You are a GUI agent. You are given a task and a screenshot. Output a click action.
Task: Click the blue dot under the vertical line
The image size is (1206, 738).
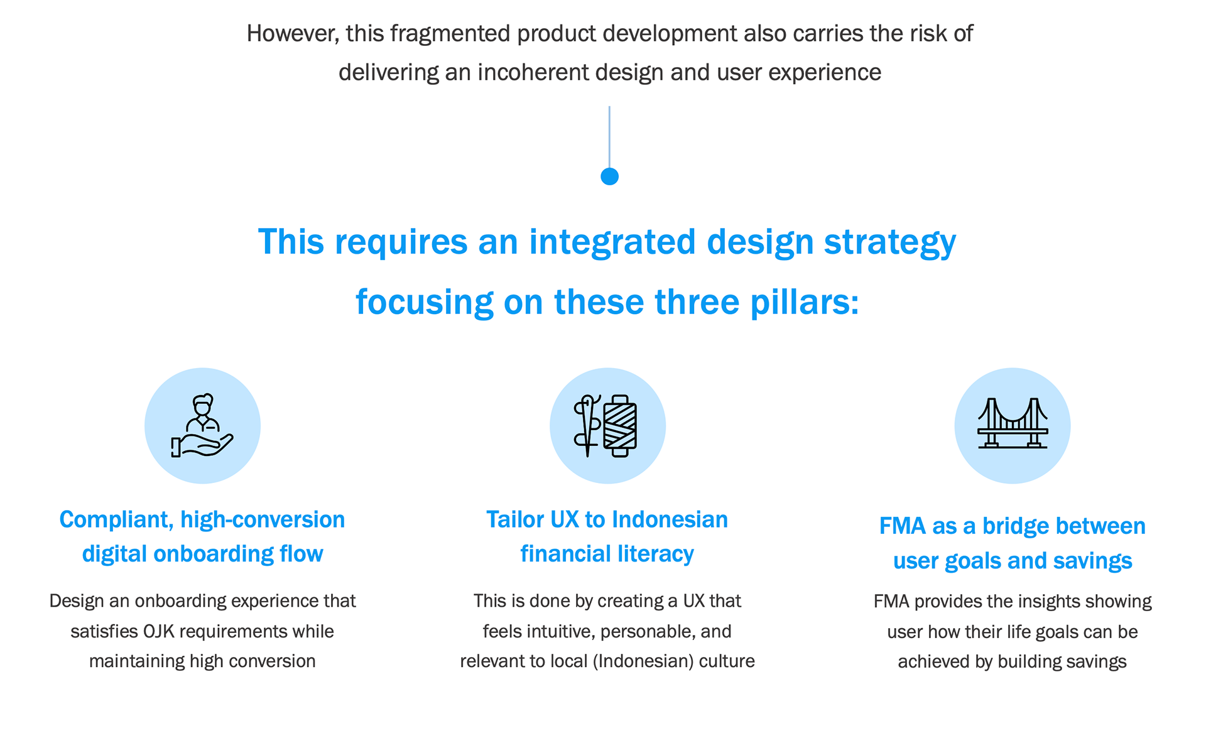(x=609, y=176)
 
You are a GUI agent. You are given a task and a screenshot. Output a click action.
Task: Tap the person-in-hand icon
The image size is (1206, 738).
(x=202, y=425)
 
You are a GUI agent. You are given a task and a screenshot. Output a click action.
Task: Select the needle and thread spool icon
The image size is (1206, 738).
(x=607, y=425)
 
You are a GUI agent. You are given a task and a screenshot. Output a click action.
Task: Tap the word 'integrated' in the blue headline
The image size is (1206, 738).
(x=612, y=242)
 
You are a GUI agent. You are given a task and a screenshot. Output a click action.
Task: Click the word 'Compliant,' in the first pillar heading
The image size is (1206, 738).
(x=116, y=520)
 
